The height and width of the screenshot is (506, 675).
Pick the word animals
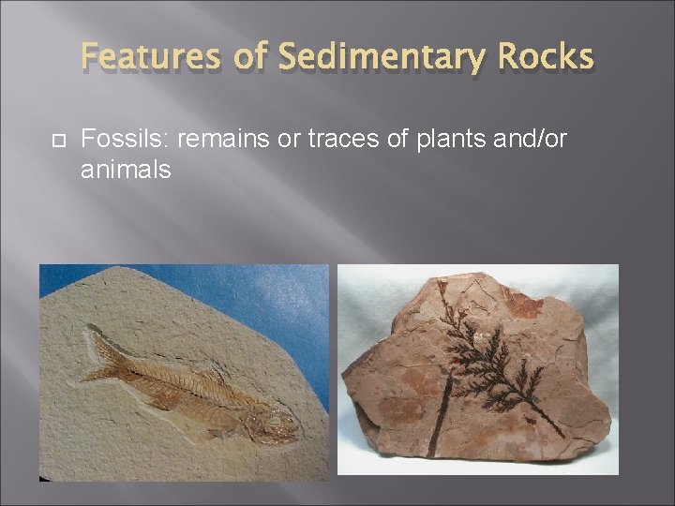tap(127, 170)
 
